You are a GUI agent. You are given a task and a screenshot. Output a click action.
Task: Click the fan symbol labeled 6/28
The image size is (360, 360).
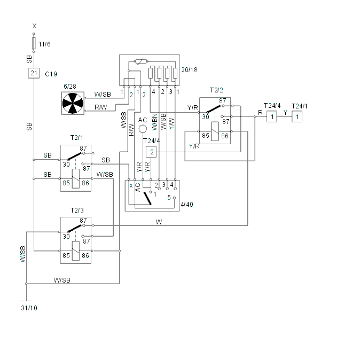73,103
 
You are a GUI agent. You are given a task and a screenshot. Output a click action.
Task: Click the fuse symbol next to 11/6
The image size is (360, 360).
34,43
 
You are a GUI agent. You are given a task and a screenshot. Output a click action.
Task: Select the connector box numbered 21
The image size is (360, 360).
34,73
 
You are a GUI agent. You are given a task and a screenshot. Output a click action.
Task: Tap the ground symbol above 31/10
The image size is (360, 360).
26,301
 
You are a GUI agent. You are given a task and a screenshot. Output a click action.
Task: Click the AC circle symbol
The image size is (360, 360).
143,129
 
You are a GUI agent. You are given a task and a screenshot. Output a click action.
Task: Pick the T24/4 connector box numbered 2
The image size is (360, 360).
151,152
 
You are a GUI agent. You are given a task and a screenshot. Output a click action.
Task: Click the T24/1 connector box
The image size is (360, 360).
297,116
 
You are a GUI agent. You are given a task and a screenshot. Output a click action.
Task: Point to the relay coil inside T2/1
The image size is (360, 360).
76,178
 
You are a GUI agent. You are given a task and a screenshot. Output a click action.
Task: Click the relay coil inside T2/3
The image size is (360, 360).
76,251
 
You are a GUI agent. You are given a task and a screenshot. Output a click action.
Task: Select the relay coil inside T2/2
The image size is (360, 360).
215,131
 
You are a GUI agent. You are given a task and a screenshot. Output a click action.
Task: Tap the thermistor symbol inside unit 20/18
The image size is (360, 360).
141,61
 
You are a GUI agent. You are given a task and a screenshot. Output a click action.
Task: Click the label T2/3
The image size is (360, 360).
77,210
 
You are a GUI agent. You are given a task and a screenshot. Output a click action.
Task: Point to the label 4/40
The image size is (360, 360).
187,205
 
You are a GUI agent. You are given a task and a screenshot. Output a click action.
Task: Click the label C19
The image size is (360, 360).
51,74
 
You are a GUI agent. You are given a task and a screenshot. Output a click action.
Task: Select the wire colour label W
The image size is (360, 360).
159,222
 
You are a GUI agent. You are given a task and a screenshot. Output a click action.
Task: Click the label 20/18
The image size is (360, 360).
189,70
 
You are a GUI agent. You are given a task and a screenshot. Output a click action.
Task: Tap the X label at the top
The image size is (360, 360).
34,26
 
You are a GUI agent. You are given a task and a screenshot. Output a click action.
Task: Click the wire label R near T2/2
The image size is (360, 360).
260,113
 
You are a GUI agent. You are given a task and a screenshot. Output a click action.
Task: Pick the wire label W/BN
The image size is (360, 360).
155,122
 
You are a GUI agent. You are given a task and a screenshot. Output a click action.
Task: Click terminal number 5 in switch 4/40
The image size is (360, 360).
169,198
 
